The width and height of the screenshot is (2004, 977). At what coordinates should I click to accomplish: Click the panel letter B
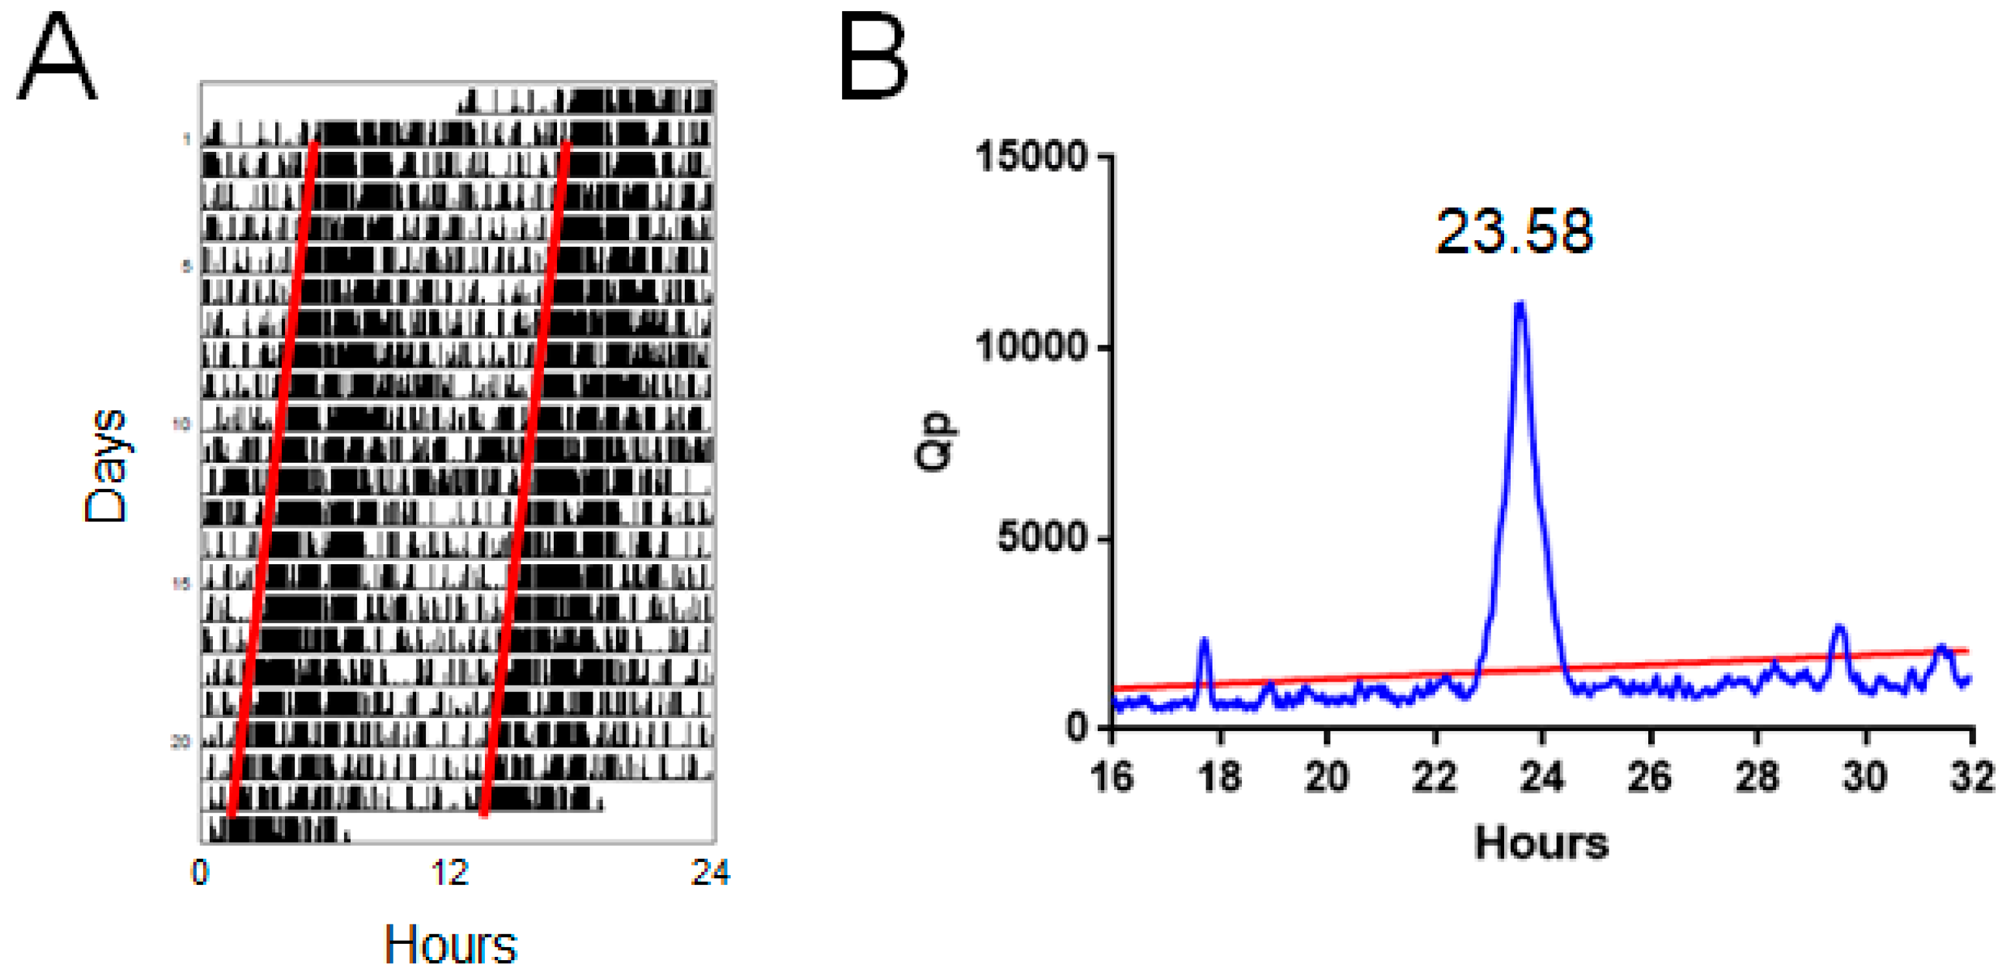874,59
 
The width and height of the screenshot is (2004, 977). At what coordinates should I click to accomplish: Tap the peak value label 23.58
1514,232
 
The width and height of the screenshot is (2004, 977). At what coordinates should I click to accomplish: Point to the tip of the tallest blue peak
1519,304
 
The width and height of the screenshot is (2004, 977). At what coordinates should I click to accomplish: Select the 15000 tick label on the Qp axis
1031,156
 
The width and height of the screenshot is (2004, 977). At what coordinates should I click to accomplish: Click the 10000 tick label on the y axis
1031,346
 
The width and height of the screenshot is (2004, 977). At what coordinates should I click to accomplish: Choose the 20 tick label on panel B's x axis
1326,776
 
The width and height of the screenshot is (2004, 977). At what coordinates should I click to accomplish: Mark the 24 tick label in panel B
1542,776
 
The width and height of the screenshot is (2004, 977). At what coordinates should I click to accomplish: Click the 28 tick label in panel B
1757,776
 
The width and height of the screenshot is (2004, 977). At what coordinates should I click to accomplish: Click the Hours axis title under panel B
1541,843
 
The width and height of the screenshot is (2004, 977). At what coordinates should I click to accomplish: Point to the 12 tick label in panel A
450,872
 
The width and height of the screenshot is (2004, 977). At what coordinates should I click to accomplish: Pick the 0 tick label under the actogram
200,872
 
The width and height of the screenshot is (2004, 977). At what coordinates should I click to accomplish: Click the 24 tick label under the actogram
710,872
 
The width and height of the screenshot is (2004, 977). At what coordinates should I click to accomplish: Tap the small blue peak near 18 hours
1204,642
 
